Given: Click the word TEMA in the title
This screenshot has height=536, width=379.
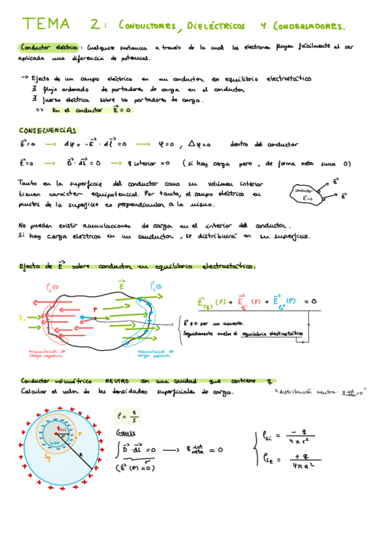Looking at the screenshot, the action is pyautogui.click(x=46, y=25).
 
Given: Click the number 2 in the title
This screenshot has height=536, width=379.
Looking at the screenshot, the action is pyautogui.click(x=95, y=25).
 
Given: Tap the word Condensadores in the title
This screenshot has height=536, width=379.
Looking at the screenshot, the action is pyautogui.click(x=309, y=27).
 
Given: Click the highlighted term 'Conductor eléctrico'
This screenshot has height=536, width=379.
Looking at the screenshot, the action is pyautogui.click(x=49, y=47).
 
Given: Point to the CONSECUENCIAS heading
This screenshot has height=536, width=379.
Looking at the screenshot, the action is pyautogui.click(x=47, y=130).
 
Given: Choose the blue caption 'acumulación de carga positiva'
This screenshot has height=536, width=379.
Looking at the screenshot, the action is pyautogui.click(x=154, y=353).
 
